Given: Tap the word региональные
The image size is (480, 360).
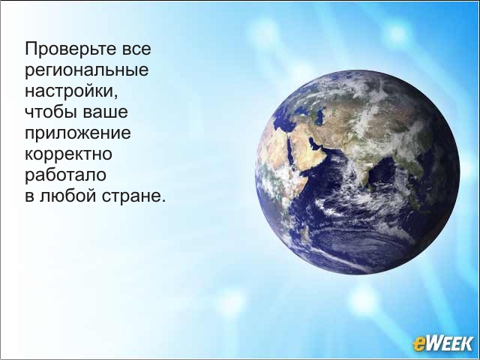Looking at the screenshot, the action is (87, 70).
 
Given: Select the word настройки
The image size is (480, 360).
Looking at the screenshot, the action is (70, 91).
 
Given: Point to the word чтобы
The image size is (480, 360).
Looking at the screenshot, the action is (51, 111).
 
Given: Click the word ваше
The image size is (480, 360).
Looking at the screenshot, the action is (106, 112).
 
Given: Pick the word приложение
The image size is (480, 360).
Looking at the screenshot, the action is (78, 133).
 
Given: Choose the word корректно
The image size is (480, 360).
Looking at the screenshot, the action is (68, 154).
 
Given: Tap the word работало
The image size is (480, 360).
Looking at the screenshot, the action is (65, 175).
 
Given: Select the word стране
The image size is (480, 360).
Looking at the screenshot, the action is (131, 196).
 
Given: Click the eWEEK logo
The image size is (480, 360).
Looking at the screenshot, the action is (442, 343).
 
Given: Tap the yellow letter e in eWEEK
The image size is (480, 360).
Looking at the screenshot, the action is (418, 344).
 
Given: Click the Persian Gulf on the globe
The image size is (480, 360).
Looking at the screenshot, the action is (315, 143).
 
